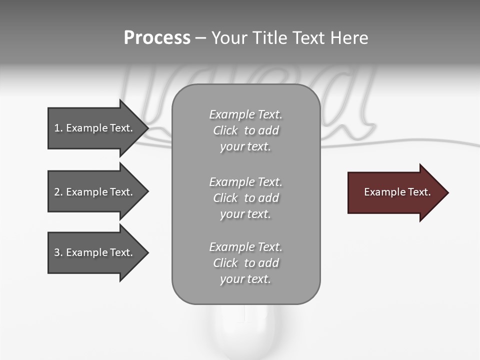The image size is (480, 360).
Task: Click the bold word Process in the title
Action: (x=157, y=38)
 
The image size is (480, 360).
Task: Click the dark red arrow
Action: (x=395, y=192)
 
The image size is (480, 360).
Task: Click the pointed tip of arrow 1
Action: (x=146, y=128)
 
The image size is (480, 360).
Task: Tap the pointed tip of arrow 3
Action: (x=146, y=252)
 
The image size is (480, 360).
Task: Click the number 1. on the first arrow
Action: (x=58, y=128)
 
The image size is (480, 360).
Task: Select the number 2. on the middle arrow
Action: (x=58, y=192)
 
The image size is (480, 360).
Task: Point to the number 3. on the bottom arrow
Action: (x=58, y=252)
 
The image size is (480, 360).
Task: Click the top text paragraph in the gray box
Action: (x=245, y=130)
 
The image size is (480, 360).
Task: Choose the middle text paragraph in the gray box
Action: (x=245, y=197)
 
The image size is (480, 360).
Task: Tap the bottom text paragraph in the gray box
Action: (x=245, y=262)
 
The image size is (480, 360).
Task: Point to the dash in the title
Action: (x=200, y=38)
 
